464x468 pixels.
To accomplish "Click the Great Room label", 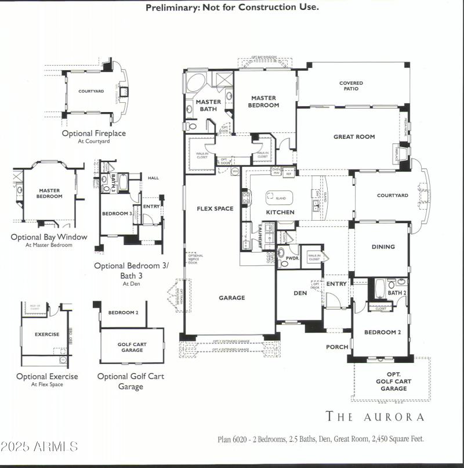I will (354, 137).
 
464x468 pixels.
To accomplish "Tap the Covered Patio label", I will (351, 86).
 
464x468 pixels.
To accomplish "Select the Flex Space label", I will (215, 208).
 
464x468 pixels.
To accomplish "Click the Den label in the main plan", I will (300, 293).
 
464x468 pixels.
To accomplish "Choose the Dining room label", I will (383, 247).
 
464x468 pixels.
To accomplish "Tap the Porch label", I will (337, 347).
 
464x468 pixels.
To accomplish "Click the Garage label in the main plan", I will (231, 298).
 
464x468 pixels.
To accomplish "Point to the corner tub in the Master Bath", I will (195, 83).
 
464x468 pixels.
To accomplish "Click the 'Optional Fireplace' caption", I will (93, 133).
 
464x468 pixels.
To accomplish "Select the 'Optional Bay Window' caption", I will (49, 237).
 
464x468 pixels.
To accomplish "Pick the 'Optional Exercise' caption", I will (47, 376).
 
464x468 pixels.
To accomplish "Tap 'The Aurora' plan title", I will (375, 416).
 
